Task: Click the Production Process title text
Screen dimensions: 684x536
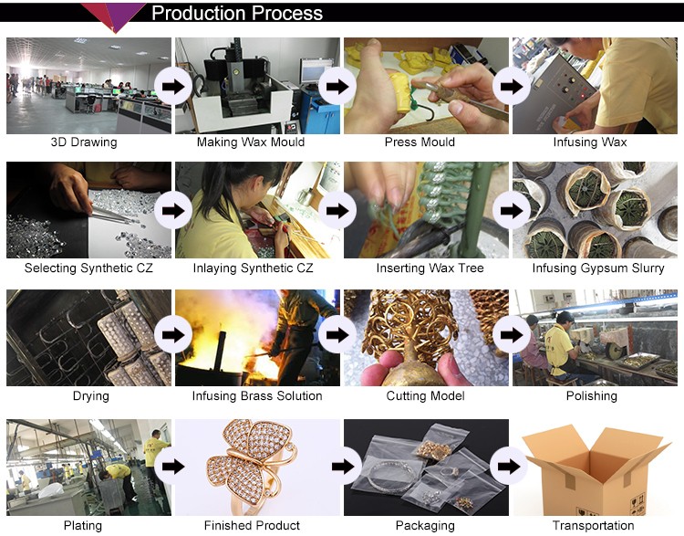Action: point(237,13)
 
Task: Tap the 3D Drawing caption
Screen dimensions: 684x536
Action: point(84,142)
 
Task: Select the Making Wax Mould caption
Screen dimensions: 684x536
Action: point(251,142)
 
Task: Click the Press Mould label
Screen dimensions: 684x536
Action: point(420,142)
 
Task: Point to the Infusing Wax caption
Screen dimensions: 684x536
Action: point(590,142)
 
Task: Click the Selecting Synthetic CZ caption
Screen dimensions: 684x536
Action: point(88,268)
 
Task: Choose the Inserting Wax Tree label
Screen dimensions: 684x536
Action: point(430,268)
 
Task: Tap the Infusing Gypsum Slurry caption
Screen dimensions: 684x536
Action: point(598,268)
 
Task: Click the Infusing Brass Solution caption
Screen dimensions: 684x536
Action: point(257,395)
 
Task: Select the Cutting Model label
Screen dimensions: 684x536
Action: point(425,395)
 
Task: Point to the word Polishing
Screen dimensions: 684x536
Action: point(592,395)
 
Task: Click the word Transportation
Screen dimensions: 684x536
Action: point(594,525)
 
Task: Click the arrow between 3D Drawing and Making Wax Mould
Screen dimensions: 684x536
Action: point(173,87)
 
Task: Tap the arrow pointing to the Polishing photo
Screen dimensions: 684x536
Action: point(512,335)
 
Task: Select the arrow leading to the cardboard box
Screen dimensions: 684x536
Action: point(509,467)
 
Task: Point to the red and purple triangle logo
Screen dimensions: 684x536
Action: point(113,16)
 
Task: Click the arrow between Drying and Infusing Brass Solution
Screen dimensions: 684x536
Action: point(173,335)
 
